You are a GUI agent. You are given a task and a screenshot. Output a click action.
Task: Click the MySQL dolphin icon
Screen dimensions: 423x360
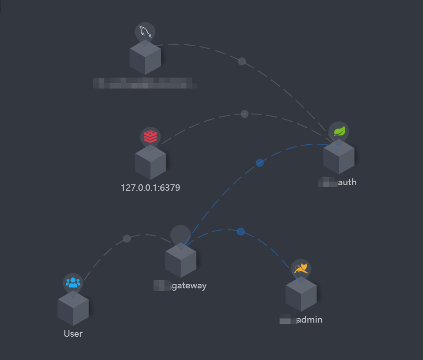pos(145,32)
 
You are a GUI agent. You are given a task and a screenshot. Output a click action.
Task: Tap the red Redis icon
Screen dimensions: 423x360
pos(150,136)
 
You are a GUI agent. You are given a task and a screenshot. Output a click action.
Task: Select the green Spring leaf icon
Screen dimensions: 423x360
pos(339,131)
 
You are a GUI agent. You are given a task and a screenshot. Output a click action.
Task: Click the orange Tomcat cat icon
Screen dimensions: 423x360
pos(301,269)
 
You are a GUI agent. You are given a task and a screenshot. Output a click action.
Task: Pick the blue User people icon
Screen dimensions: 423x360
pos(73,282)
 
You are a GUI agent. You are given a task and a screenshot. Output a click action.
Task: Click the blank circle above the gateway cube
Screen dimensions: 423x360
pos(180,235)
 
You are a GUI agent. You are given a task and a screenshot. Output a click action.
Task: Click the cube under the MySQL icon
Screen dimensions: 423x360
pos(145,58)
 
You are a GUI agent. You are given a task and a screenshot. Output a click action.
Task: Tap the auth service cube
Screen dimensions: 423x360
pos(338,157)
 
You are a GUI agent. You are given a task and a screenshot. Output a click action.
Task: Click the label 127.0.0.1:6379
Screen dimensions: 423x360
pos(150,188)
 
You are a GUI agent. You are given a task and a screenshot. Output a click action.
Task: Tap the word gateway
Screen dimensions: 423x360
pos(189,286)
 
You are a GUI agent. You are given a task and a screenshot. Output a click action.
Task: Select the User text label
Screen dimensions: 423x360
pos(73,334)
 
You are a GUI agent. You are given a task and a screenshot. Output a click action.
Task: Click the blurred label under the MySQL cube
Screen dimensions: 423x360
pos(145,83)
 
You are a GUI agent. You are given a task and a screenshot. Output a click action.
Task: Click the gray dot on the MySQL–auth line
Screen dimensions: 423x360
pos(242,62)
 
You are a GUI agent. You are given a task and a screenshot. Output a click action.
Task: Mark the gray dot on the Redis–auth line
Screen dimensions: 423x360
pos(244,114)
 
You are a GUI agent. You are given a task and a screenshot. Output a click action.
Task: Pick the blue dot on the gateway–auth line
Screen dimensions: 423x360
pos(259,163)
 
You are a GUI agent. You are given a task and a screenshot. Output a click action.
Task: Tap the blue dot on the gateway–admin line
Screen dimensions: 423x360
pos(241,231)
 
